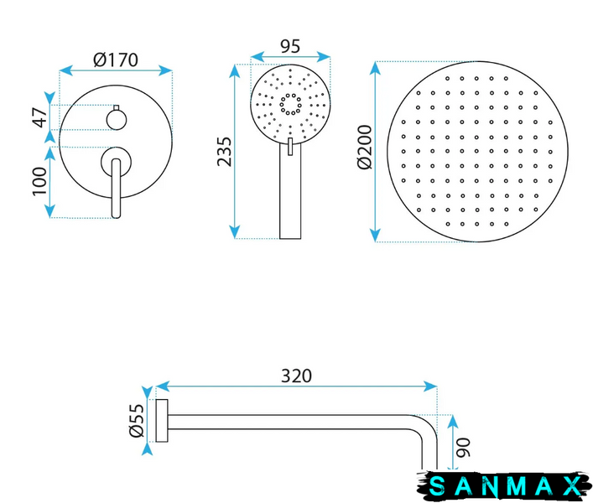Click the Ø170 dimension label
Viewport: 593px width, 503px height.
point(116,60)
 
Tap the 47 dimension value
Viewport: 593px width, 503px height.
point(39,117)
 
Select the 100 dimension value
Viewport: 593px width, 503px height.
point(39,182)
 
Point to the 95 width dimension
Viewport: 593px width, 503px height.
point(290,46)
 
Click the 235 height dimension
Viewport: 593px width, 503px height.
point(224,152)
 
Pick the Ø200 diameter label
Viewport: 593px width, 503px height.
point(365,148)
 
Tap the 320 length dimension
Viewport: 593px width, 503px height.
point(297,376)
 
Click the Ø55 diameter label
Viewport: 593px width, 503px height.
point(137,421)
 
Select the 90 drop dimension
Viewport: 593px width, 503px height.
point(463,448)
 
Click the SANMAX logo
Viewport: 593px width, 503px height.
point(504,486)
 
